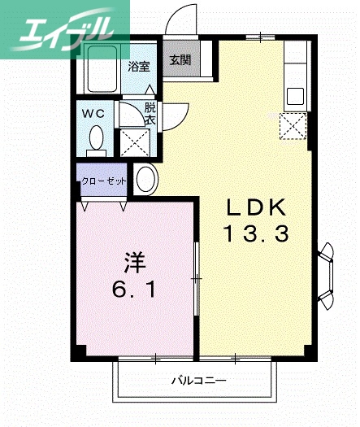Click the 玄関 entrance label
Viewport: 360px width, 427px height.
click(180, 59)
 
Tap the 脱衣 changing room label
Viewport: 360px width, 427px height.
click(150, 113)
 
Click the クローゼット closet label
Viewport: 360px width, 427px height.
click(103, 181)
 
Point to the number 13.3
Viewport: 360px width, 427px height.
click(256, 235)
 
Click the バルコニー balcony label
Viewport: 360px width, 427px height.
click(198, 380)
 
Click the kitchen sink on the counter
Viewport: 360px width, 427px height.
click(293, 91)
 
